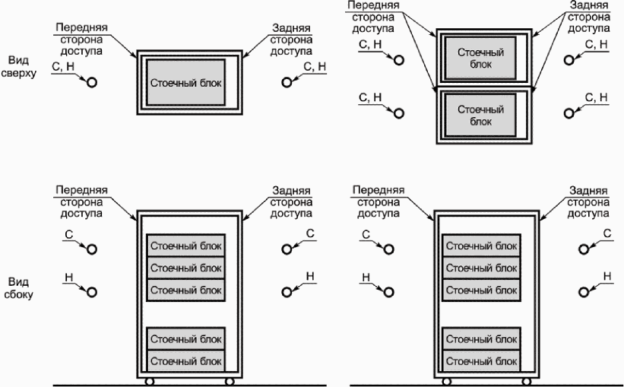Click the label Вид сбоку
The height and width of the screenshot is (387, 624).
point(18,288)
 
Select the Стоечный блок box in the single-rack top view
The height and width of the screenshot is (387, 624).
point(186,83)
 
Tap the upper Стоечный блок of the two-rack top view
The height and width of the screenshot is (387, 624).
point(481,58)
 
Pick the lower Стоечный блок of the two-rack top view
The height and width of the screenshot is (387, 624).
point(481,116)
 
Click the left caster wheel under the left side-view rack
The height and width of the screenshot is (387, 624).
point(150,382)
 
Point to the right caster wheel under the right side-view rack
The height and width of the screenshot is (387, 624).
point(527,382)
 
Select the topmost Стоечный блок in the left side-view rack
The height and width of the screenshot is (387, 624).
point(186,246)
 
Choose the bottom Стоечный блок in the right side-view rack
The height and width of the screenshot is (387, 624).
point(482,361)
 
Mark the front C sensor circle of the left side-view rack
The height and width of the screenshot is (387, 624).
point(92,249)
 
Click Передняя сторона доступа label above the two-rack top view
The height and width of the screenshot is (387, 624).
point(373,17)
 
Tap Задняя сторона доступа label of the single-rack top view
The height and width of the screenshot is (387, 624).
point(291,40)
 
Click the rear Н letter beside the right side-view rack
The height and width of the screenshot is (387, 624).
point(607,276)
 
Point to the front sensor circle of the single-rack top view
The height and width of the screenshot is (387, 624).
point(92,82)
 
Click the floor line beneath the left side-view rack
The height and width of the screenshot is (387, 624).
point(190,385)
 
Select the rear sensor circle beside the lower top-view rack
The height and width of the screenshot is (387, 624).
point(569,113)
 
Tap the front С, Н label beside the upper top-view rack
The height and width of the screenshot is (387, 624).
point(370,44)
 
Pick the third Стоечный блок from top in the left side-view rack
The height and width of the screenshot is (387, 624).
point(186,290)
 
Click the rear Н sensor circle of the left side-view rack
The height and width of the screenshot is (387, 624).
point(287,292)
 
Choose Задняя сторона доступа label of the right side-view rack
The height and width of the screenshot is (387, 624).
point(588,201)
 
